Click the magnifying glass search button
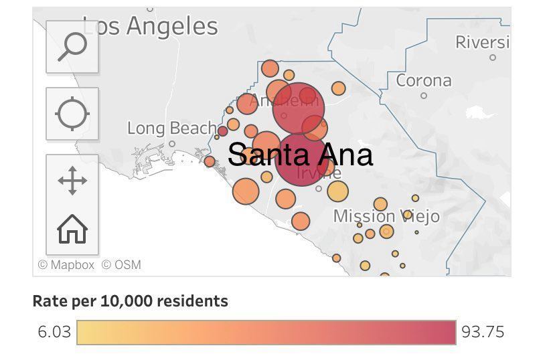point(72,47)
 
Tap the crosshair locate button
point(72,114)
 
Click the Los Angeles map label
point(151,27)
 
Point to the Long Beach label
point(172,128)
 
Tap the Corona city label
point(424,81)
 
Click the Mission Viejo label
point(386,216)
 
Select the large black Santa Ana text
point(300,155)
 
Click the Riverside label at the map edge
point(482,42)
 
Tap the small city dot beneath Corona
point(424,96)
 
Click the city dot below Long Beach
point(172,143)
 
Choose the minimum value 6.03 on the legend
point(54,332)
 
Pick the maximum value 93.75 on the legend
point(483,332)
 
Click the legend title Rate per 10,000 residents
point(131,301)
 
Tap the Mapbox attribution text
point(66,265)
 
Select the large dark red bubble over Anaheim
point(298,108)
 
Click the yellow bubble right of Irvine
point(338,192)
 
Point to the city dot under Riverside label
point(493,58)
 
